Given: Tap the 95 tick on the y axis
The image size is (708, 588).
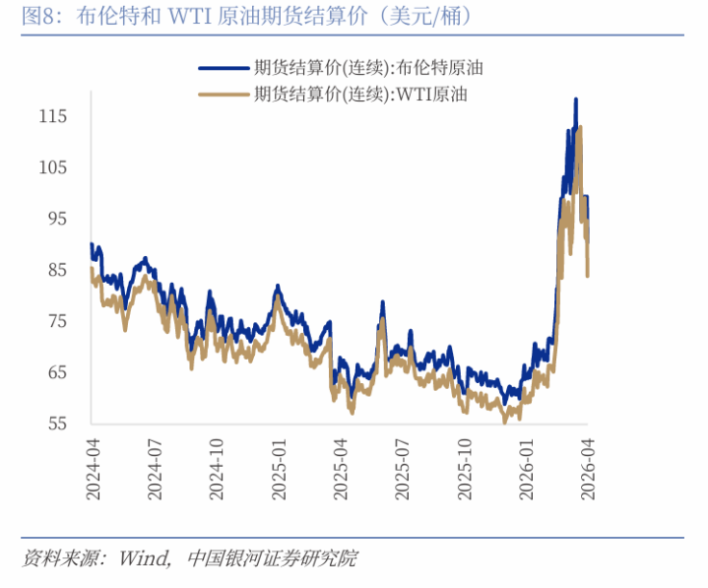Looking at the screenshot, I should tap(55, 219).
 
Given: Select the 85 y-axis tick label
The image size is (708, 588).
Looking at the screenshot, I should tap(55, 270).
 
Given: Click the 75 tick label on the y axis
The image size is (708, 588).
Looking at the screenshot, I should tap(55, 321).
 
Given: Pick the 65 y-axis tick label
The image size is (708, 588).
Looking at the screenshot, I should tap(55, 372).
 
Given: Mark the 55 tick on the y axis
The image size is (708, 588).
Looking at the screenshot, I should tap(55, 424).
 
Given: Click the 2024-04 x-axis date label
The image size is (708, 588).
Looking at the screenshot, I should tap(93, 470).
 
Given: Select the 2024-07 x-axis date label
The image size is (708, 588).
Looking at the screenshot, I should tap(155, 470).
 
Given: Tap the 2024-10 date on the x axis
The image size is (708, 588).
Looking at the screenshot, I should tap(217, 470).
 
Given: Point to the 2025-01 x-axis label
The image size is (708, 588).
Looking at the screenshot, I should tap(279, 470).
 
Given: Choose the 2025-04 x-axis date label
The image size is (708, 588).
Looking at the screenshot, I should tap(341, 470).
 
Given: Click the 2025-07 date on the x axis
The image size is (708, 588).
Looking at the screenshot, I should tap(403, 470).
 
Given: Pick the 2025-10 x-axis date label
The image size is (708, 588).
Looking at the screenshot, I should tap(465, 470).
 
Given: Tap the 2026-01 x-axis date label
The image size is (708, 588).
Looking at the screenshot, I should tap(527, 470).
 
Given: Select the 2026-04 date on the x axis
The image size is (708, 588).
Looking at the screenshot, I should tap(589, 470).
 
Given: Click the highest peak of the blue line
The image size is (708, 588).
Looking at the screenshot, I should tap(576, 99).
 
